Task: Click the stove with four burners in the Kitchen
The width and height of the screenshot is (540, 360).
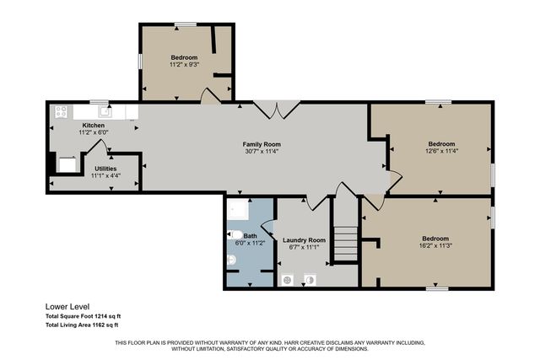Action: coord(61,110)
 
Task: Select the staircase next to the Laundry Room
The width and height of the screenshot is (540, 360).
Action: coord(344,243)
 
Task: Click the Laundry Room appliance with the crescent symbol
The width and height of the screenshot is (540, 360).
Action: coord(309,279)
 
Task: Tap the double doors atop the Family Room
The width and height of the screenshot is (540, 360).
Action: coord(277,109)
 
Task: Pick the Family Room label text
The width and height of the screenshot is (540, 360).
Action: coord(262,144)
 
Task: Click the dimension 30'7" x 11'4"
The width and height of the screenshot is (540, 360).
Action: coord(262,152)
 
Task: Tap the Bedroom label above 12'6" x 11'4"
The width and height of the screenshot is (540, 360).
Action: coord(440,143)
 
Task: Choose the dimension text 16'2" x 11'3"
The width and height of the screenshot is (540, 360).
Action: coord(436,245)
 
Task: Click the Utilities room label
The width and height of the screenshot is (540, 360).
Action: coord(105,168)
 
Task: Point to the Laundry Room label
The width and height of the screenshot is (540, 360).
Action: coord(304,239)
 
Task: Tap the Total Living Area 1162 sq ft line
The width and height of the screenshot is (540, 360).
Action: coord(82,325)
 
